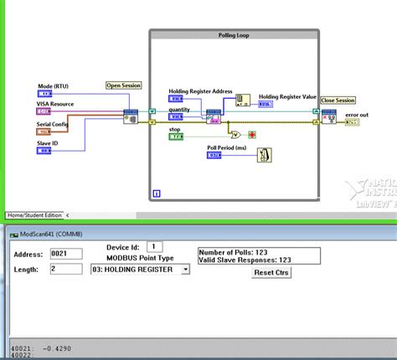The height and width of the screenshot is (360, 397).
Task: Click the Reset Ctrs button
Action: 271,272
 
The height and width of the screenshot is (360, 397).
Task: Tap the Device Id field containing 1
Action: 154,246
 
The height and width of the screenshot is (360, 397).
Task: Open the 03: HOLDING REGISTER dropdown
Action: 140,269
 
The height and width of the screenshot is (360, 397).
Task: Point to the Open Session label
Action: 124,85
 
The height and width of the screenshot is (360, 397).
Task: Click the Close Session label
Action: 338,100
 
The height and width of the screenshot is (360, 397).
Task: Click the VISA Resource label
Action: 56,104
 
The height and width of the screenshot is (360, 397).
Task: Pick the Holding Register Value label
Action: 287,96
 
